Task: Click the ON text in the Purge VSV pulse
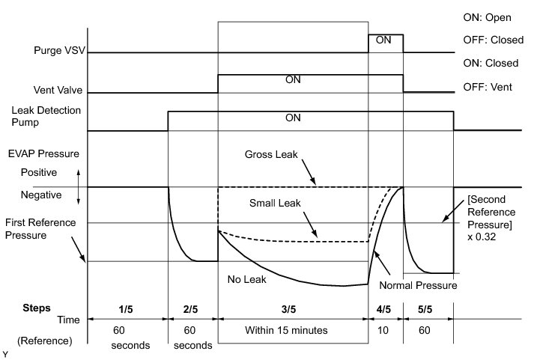(383, 40)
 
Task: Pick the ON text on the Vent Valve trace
(293, 79)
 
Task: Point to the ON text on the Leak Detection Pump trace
(293, 118)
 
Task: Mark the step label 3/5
(293, 308)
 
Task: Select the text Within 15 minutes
(293, 329)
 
